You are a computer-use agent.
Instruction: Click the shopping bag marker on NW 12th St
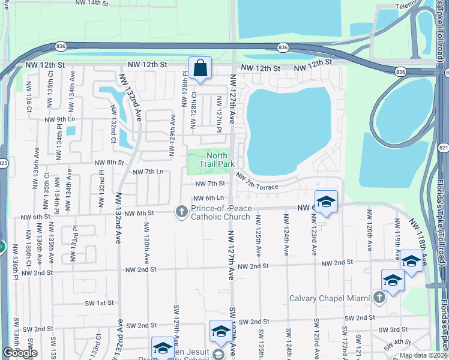200,68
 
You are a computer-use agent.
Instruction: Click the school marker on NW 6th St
326,203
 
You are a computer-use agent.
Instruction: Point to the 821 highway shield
444,148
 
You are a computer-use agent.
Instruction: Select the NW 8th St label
109,162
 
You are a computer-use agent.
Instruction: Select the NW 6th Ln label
208,199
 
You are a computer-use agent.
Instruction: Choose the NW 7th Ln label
148,172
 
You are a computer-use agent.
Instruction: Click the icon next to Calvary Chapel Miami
379,298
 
